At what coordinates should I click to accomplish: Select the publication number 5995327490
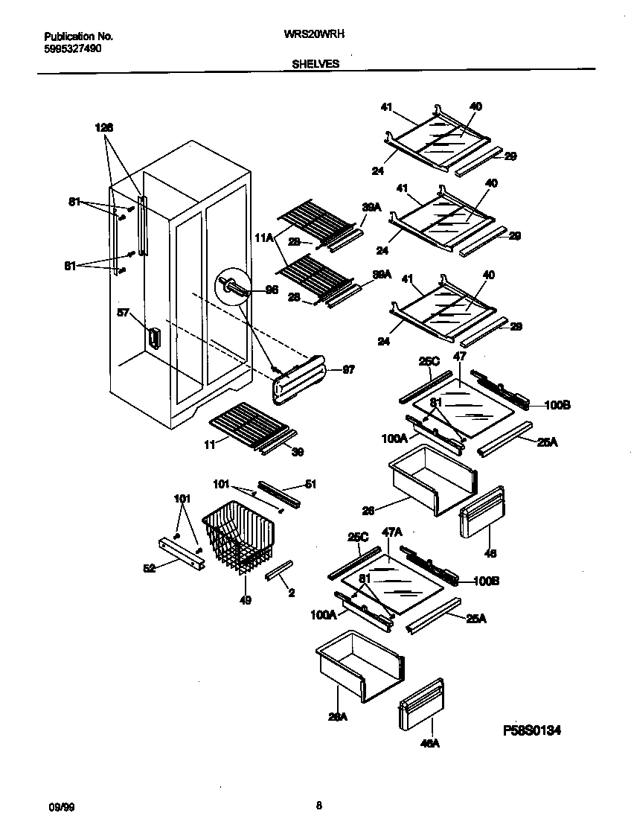73,48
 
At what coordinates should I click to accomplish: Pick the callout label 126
104,127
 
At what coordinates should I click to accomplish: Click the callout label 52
150,569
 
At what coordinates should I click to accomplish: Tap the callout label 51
310,484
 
